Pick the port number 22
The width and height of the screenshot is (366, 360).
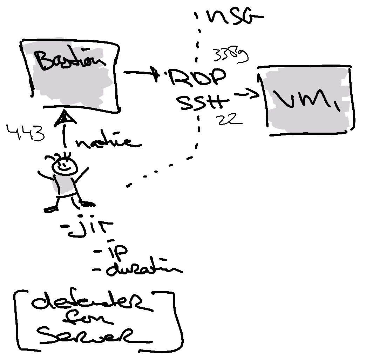tap(230, 120)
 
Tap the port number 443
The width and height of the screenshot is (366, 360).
tap(26, 133)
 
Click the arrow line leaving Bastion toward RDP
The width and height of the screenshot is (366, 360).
tap(140, 73)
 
